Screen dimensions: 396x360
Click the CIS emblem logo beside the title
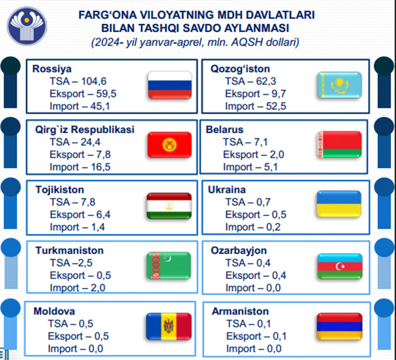27,26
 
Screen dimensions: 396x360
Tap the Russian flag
170,85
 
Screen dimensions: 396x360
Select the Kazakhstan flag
340,85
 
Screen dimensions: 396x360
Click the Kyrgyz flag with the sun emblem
169,145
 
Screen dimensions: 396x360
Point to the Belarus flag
340,145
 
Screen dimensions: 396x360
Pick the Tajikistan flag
169,206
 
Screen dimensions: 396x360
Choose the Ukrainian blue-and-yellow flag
339,204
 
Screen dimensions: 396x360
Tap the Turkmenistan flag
169,266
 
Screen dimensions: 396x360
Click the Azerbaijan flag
340,266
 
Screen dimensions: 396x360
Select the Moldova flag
169,326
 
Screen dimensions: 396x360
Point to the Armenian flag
340,326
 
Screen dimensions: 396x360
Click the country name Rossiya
52,69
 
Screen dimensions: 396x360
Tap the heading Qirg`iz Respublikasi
84,129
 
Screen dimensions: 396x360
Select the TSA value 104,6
94,82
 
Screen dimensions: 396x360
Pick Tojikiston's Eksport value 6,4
103,214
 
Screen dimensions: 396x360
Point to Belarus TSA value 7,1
261,142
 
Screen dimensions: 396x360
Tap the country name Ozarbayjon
239,250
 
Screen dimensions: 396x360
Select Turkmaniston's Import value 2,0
98,288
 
